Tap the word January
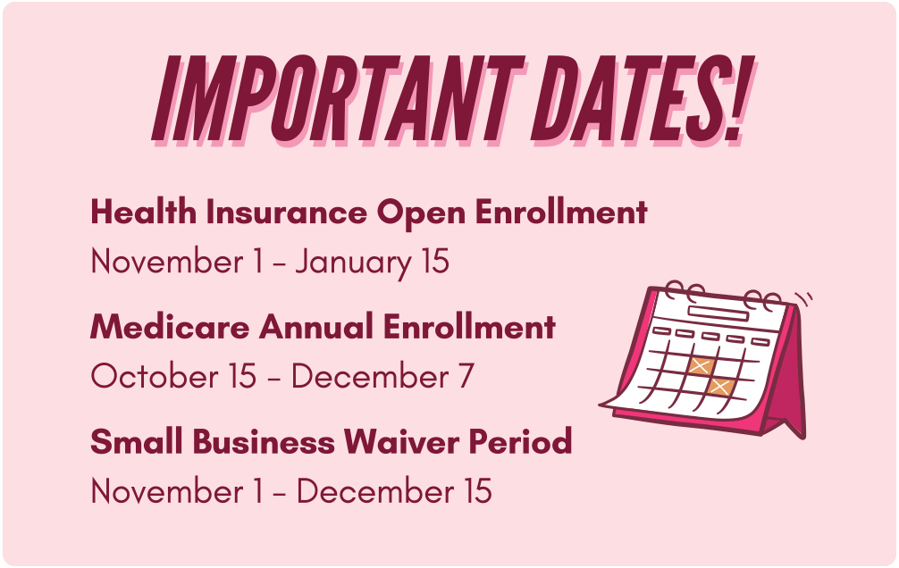(352, 263)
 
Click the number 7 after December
(466, 377)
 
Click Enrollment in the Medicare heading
(470, 327)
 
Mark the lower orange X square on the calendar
(719, 387)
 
